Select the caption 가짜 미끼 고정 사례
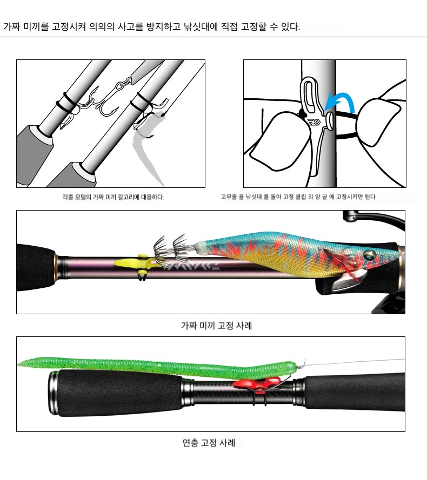(216, 326)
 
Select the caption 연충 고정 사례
(209, 443)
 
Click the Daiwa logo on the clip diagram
(315, 123)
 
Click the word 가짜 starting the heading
(12, 26)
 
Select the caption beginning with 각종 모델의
(113, 197)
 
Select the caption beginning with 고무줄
(298, 197)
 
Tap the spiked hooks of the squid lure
(170, 246)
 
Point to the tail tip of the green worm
(18, 364)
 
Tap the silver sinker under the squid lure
(346, 282)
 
